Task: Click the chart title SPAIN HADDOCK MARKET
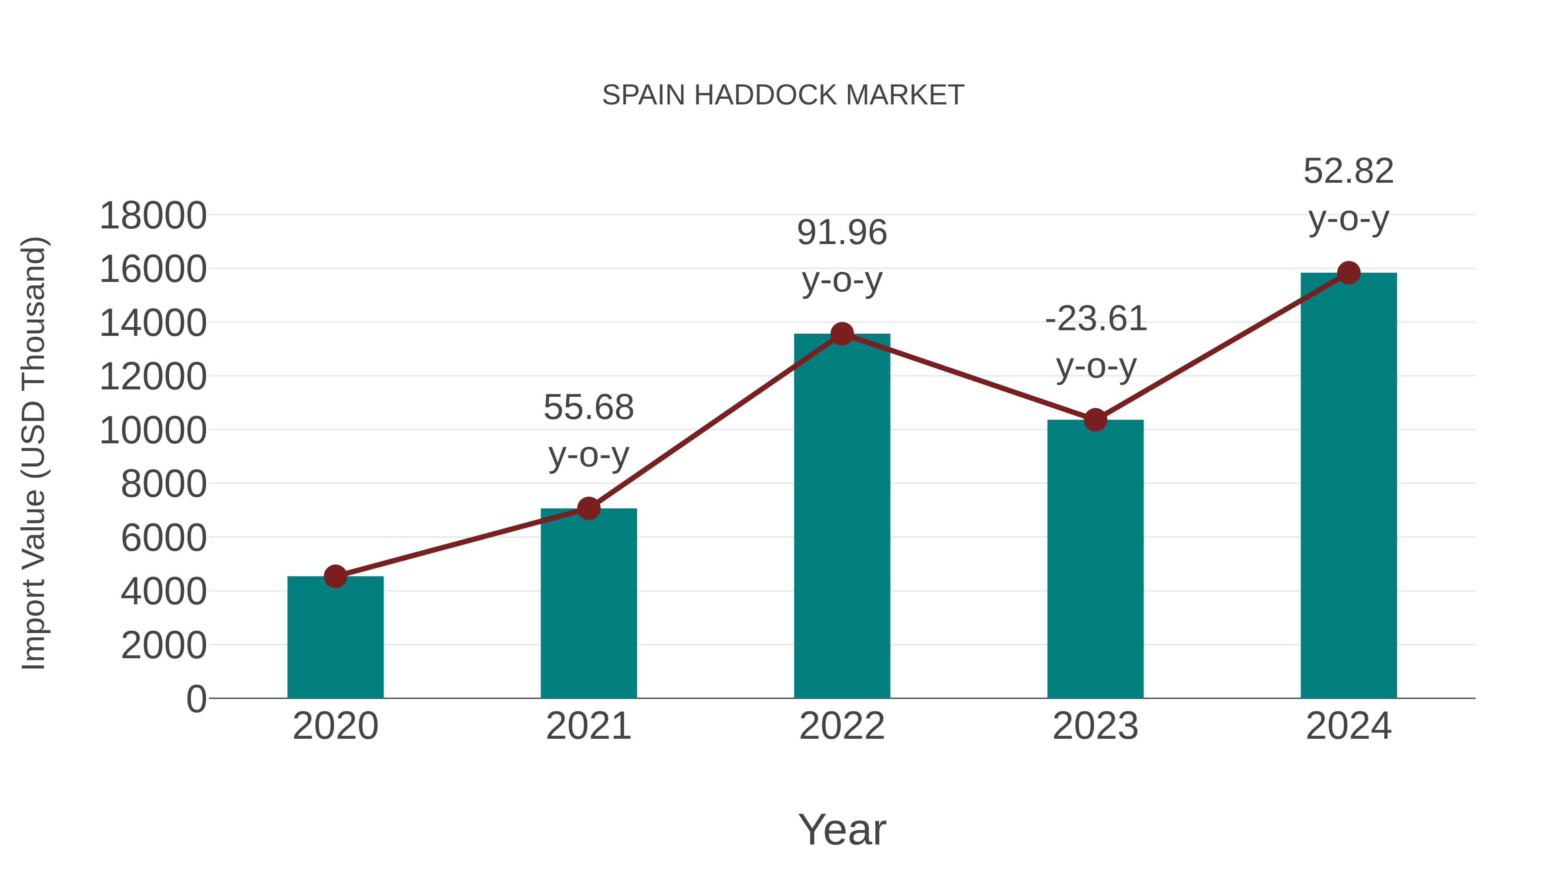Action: click(783, 95)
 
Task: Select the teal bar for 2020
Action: click(335, 638)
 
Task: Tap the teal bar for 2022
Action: click(842, 517)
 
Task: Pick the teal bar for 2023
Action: click(1095, 559)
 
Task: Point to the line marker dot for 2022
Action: click(842, 333)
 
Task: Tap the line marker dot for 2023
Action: click(1095, 419)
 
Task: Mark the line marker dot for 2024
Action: click(1348, 273)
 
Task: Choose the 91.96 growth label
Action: click(842, 233)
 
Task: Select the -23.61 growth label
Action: click(1096, 319)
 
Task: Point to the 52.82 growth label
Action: click(1348, 171)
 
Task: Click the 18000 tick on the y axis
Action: click(153, 216)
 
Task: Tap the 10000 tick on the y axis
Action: click(153, 430)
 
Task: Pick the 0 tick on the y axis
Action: click(196, 699)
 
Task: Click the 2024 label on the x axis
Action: click(1348, 726)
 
